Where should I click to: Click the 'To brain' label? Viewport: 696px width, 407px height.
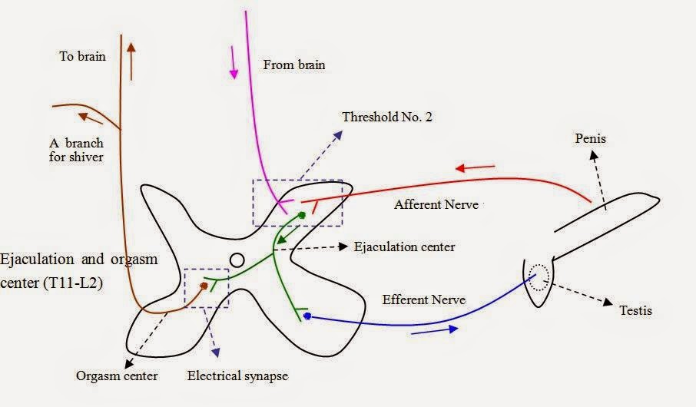(82, 56)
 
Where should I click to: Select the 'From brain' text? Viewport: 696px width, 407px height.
(294, 65)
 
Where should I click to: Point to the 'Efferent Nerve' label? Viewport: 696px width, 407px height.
(423, 299)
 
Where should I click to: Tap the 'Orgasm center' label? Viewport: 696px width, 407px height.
(117, 376)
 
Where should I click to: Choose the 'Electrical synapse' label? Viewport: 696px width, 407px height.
(237, 376)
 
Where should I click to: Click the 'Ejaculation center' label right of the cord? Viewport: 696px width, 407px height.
(404, 247)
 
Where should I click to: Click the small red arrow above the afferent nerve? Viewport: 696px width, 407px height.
(474, 168)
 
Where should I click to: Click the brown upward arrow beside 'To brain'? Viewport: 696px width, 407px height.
(131, 61)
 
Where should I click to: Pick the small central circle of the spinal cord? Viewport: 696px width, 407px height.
(237, 260)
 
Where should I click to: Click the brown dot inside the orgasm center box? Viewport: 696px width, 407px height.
(204, 286)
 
